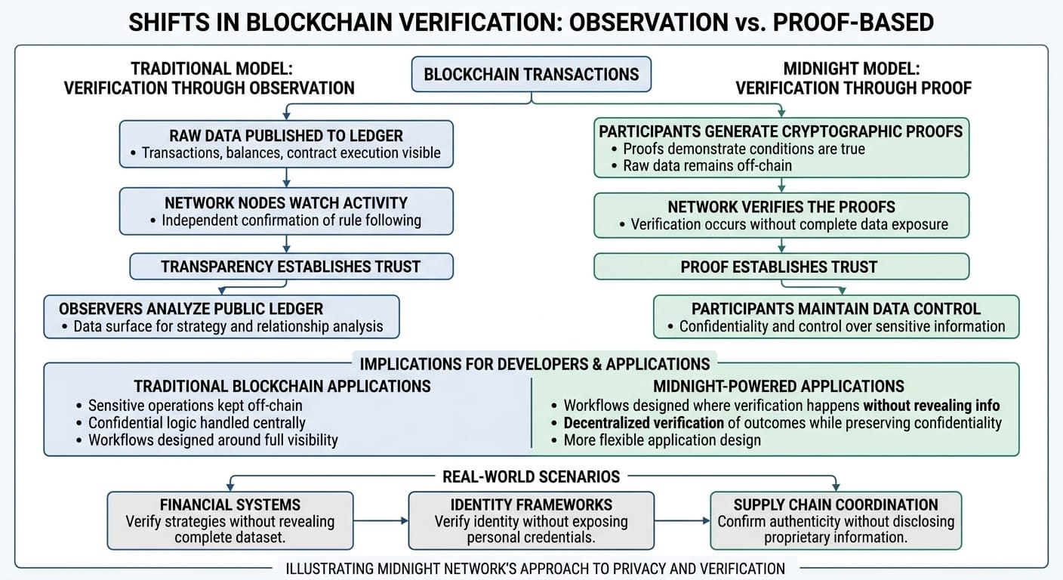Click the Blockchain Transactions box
pyautogui.click(x=531, y=75)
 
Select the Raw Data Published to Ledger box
pyautogui.click(x=286, y=144)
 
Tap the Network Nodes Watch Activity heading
pyautogui.click(x=286, y=202)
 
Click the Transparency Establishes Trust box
pyautogui.click(x=291, y=267)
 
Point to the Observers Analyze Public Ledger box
pyautogui.click(x=221, y=316)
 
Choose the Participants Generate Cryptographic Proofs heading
pyautogui.click(x=781, y=131)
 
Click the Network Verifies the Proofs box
pyautogui.click(x=781, y=215)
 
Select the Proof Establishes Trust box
pyautogui.click(x=781, y=267)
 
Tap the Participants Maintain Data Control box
pyautogui.click(x=836, y=316)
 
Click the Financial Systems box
pyautogui.click(x=230, y=520)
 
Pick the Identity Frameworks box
pyautogui.click(x=531, y=520)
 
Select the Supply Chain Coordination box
pyautogui.click(x=836, y=520)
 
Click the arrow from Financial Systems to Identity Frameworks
pyautogui.click(x=381, y=520)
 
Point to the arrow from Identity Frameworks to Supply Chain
pyautogui.click(x=682, y=520)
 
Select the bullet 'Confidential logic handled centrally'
pyautogui.click(x=196, y=423)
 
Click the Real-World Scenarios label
pyautogui.click(x=531, y=477)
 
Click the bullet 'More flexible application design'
pyautogui.click(x=661, y=440)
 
